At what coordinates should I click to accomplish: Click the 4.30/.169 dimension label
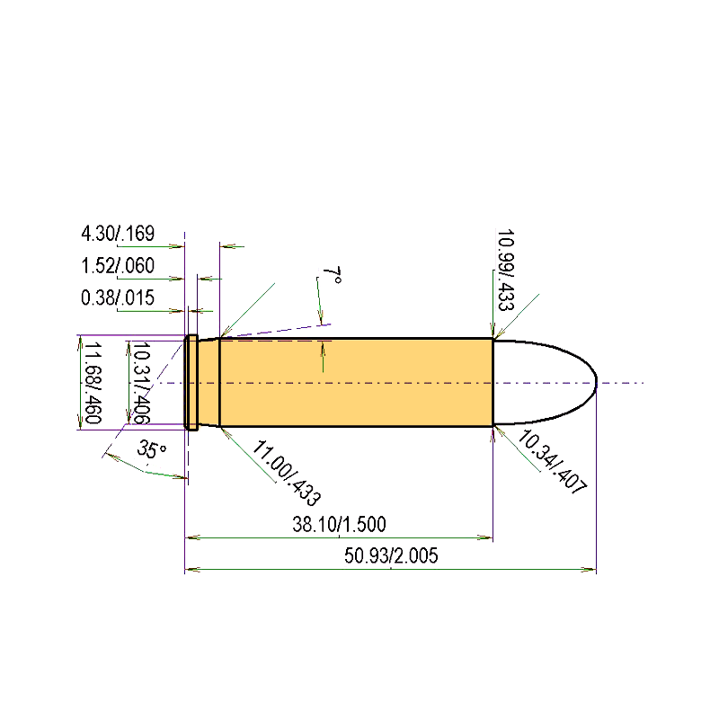(x=118, y=234)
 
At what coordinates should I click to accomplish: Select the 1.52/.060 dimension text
(x=118, y=265)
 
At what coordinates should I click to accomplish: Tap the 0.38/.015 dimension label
(x=118, y=297)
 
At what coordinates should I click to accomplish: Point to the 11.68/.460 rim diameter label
(x=93, y=383)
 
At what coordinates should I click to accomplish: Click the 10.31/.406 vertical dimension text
(x=141, y=383)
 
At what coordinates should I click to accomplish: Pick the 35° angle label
(x=151, y=449)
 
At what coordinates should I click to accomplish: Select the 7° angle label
(x=332, y=276)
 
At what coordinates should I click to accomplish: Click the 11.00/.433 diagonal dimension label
(x=287, y=473)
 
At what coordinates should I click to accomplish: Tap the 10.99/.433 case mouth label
(x=506, y=271)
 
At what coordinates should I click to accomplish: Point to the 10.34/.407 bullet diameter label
(x=552, y=462)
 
